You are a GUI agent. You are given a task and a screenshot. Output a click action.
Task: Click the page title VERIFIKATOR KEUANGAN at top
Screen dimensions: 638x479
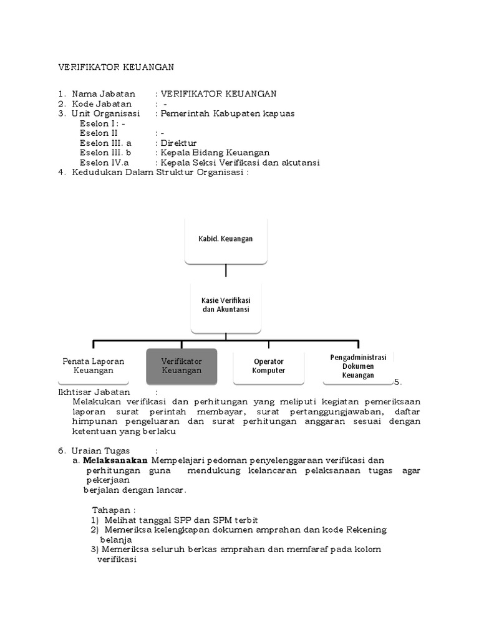[x=117, y=67]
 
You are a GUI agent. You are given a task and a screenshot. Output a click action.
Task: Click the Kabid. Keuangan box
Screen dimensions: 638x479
[x=226, y=239]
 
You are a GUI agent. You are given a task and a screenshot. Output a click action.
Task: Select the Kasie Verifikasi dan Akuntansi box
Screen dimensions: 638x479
[x=226, y=305]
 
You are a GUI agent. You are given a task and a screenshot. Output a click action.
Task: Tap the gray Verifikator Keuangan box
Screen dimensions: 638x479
[x=181, y=366]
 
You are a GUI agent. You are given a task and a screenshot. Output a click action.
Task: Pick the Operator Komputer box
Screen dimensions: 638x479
[x=269, y=366]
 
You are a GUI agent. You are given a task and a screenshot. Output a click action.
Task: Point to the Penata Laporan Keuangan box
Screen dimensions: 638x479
[x=94, y=366]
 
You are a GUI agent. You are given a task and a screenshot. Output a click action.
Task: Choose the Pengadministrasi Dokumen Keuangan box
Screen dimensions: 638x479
[x=358, y=366]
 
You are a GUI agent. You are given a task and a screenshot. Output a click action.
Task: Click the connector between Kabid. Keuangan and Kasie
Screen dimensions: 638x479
[x=226, y=270]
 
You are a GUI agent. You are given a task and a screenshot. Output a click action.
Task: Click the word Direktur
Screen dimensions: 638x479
[x=178, y=143]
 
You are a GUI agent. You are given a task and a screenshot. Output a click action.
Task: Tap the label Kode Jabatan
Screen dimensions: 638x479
[x=102, y=104]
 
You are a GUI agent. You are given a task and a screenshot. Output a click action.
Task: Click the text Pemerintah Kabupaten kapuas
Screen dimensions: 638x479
[x=228, y=114]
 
